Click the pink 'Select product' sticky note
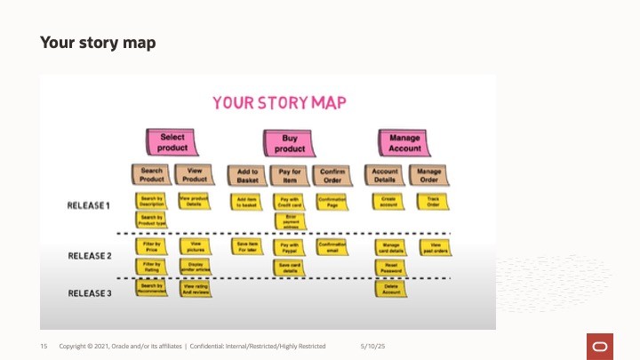click(x=172, y=142)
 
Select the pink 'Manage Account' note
click(x=405, y=142)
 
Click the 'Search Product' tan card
click(x=151, y=174)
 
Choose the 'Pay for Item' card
click(x=290, y=174)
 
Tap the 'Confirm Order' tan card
click(x=332, y=174)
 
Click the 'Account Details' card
click(x=385, y=174)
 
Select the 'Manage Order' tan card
click(x=429, y=174)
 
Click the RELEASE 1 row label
click(x=89, y=205)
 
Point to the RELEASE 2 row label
click(x=89, y=256)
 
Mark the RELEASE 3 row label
click(x=89, y=292)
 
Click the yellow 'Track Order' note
click(x=429, y=201)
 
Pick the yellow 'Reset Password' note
click(x=388, y=266)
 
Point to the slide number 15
click(x=43, y=346)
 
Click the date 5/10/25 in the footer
click(x=372, y=346)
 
